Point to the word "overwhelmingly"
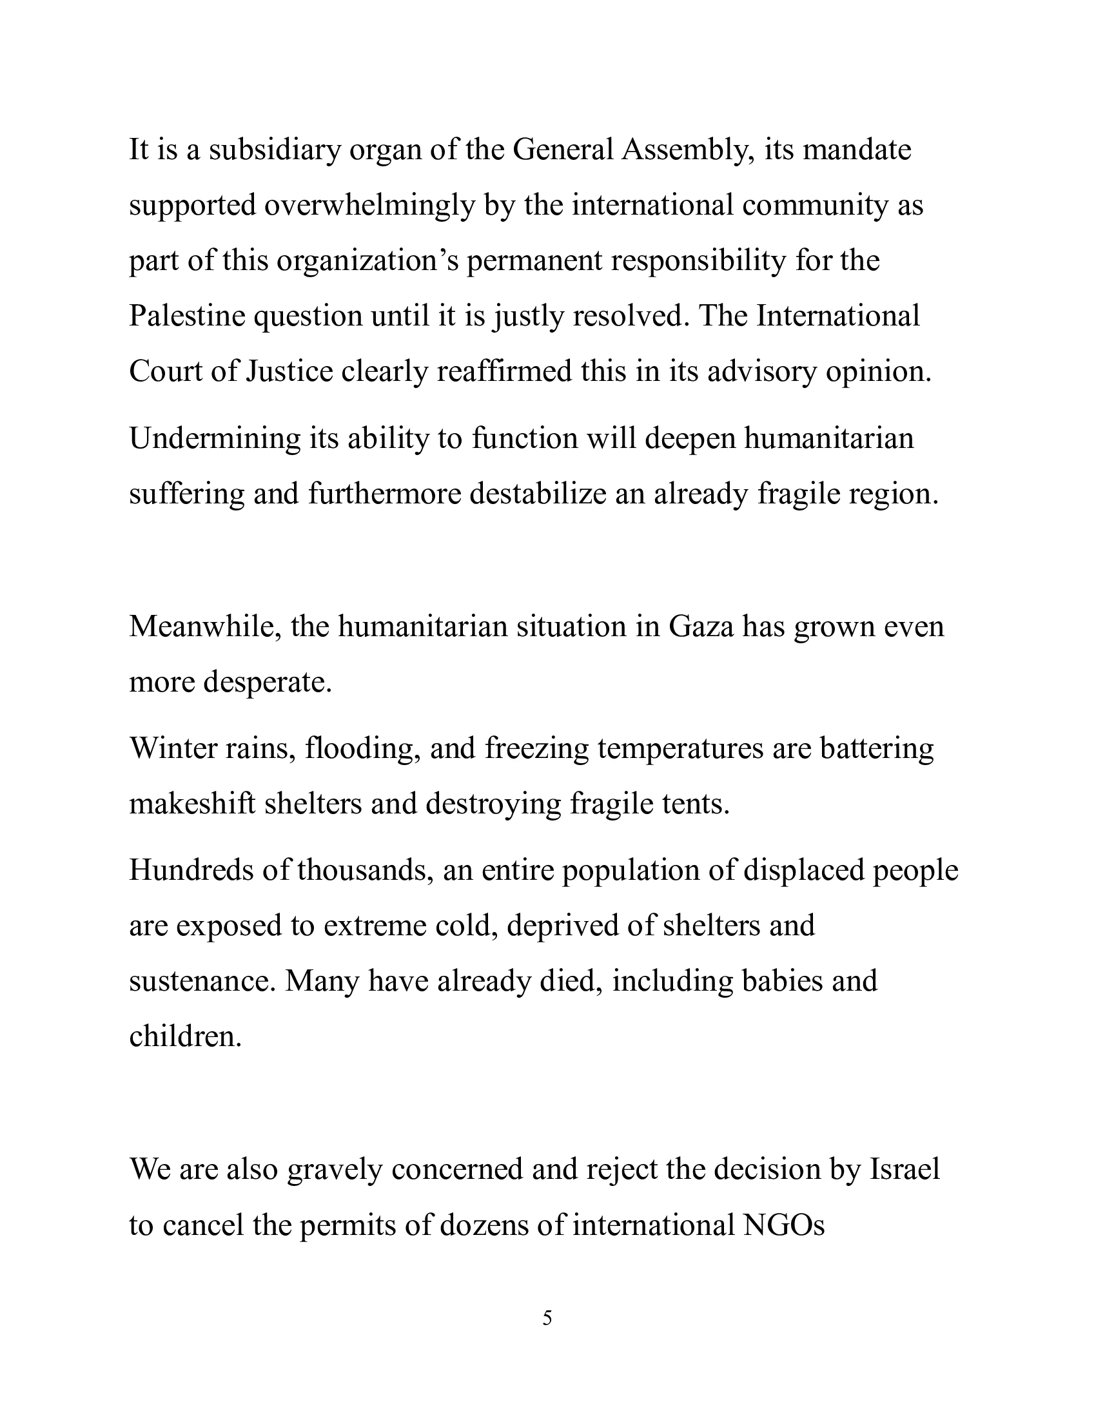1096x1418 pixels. coord(369,206)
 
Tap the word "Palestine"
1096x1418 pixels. coord(186,316)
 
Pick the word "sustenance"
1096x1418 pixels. coord(202,981)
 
